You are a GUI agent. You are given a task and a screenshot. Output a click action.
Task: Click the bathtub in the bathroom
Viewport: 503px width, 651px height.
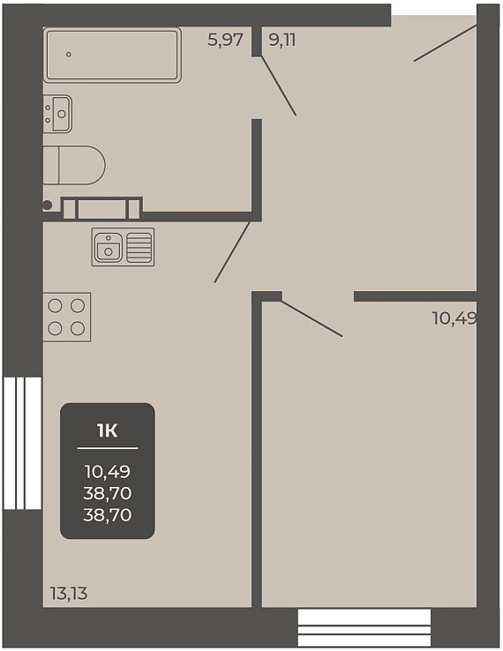112,55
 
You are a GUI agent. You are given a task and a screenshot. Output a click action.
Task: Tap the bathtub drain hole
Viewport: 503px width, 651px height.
69,55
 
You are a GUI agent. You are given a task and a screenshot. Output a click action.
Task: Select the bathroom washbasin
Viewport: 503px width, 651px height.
57,114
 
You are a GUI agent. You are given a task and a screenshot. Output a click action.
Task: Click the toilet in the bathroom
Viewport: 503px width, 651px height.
74,165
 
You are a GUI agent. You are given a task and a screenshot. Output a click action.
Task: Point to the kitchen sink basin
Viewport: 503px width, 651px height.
109,247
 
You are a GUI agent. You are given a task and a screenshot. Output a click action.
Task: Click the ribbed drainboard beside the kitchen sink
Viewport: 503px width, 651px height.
139,247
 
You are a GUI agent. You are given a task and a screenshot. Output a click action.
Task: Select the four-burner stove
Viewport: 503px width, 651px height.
67,318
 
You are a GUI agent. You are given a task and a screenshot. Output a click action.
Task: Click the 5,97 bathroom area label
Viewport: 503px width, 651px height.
225,41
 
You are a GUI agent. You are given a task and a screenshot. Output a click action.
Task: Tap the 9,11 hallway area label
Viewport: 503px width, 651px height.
282,41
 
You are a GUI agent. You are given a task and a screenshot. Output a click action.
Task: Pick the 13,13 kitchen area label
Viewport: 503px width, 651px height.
69,594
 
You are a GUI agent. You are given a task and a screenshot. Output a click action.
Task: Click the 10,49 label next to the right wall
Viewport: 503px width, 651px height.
454,318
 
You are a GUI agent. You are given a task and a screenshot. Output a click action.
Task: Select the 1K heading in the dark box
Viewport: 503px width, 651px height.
108,431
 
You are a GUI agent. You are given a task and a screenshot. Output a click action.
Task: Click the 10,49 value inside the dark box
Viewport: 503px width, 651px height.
108,471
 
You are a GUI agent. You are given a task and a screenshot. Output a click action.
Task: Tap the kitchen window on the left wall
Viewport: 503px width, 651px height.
22,443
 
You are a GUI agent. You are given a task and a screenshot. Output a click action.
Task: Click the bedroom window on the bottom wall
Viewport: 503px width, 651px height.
364,628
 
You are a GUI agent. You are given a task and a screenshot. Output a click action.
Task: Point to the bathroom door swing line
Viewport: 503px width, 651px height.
278,86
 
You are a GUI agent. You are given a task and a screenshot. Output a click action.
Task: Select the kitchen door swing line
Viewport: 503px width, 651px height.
232,252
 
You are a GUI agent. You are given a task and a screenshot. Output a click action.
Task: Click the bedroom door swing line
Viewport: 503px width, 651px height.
312,318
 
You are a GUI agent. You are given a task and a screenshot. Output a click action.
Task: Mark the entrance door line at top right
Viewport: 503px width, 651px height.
445,43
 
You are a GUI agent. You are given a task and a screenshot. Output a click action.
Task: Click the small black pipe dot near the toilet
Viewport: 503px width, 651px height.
48,205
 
